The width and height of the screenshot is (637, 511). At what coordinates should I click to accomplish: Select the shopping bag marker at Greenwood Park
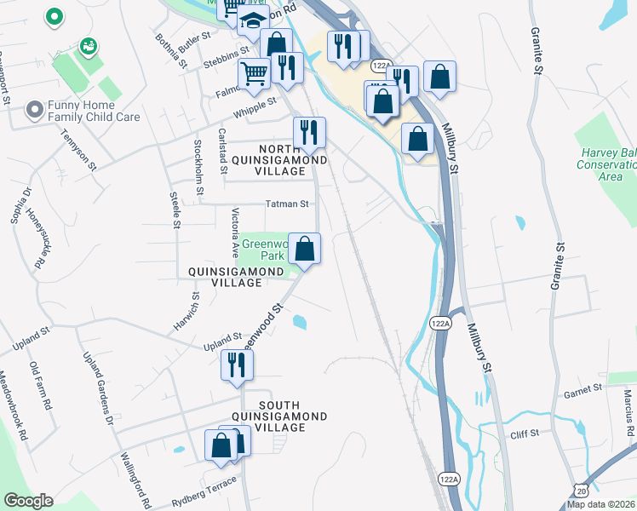click(x=304, y=249)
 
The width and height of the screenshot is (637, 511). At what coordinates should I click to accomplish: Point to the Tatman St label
click(x=286, y=204)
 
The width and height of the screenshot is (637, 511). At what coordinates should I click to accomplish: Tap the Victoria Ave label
click(x=237, y=231)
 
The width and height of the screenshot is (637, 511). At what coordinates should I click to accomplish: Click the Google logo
click(x=28, y=501)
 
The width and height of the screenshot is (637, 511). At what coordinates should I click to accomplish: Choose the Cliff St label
click(x=524, y=433)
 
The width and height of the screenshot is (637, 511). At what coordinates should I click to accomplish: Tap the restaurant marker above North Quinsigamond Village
click(x=309, y=132)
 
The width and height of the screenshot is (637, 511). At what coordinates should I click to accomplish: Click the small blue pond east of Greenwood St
click(x=300, y=322)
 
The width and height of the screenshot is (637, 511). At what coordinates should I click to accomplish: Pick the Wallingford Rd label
click(x=135, y=480)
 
